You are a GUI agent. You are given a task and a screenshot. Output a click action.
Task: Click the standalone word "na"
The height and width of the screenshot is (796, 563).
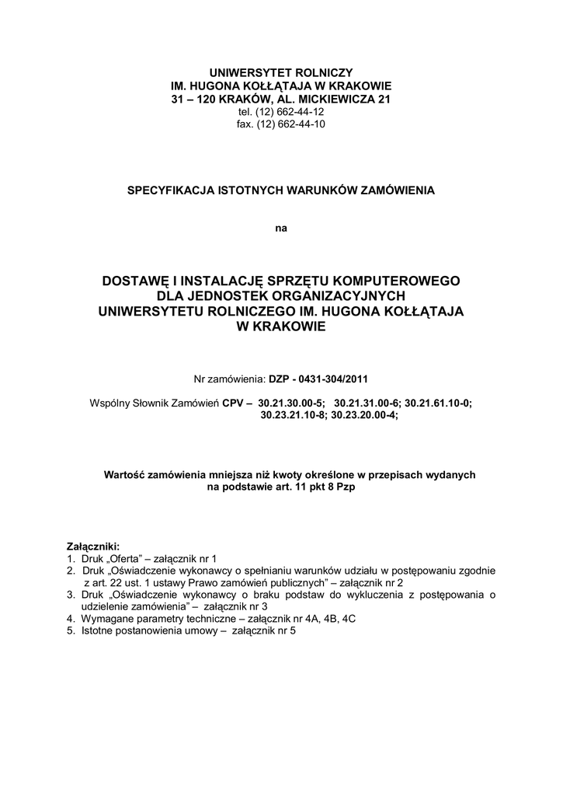(x=281, y=229)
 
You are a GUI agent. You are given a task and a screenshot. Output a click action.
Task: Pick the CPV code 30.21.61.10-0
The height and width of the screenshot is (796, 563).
(x=438, y=403)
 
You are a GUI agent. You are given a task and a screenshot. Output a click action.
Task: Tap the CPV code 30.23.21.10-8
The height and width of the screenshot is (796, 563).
(x=294, y=415)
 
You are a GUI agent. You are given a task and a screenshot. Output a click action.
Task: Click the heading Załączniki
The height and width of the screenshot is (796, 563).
(x=93, y=546)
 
